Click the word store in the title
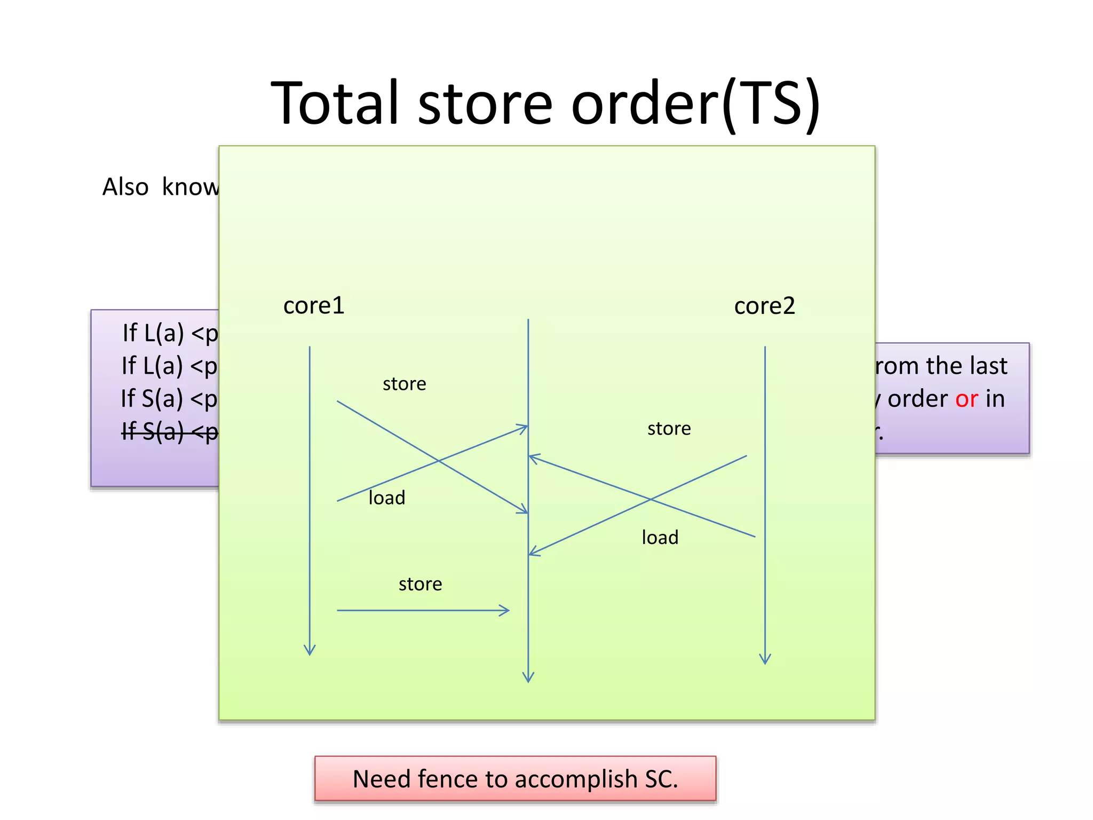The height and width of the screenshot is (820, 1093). point(485,104)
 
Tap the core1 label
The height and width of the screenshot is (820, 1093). point(314,306)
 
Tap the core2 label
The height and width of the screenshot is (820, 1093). point(764,306)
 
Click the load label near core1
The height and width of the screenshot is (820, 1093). point(387,498)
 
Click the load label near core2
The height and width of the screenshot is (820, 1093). point(660,538)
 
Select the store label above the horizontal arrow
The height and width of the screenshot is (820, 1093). point(420,584)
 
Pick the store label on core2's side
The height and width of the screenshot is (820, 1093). point(669,429)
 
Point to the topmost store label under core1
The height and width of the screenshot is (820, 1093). point(404,384)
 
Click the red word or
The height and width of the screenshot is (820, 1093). point(967,399)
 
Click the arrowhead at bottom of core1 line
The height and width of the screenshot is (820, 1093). point(310,651)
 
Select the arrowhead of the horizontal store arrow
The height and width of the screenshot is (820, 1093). point(505,610)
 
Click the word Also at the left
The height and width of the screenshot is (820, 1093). point(125,187)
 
